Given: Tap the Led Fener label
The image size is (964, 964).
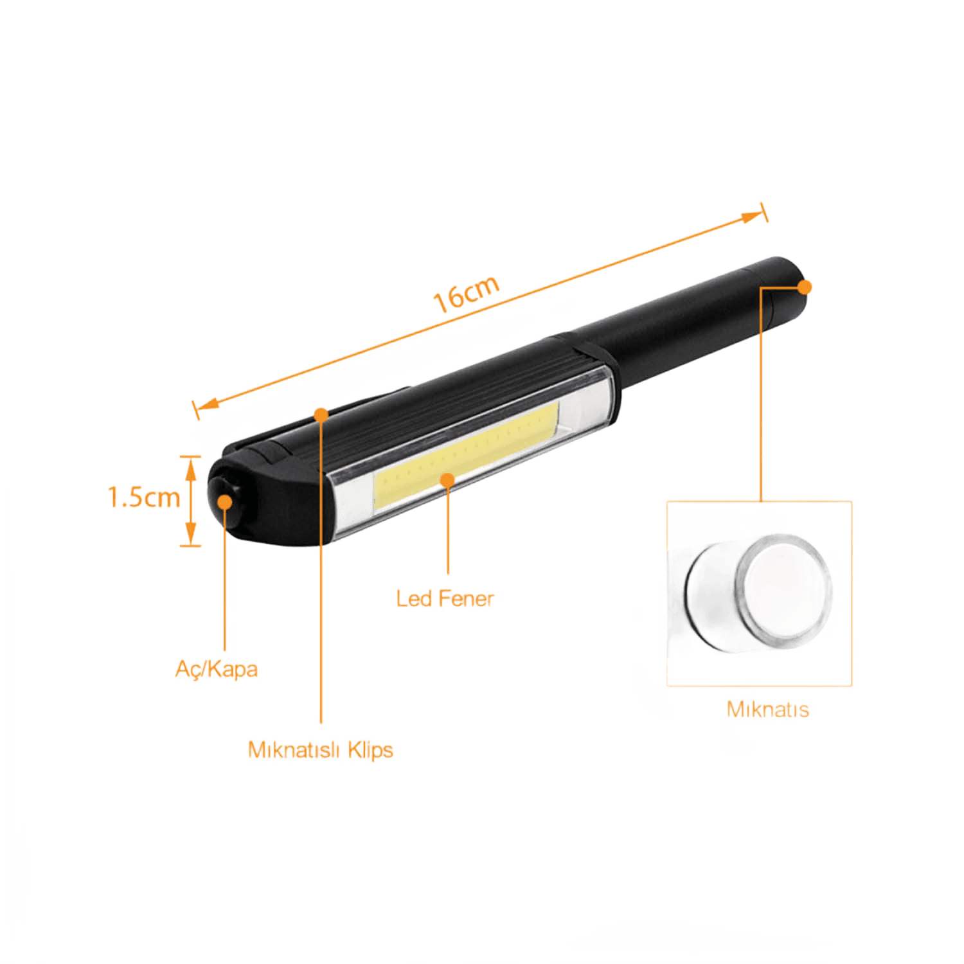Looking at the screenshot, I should pyautogui.click(x=445, y=599).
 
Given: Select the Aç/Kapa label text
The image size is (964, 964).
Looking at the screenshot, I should pyautogui.click(x=217, y=669).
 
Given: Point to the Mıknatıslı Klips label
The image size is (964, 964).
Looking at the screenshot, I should pyautogui.click(x=321, y=750).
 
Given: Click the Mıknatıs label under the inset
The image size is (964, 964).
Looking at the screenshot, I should pyautogui.click(x=767, y=710).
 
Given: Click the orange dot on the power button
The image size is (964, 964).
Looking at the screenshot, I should pyautogui.click(x=225, y=501).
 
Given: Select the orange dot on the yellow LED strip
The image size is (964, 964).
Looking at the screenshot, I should pyautogui.click(x=447, y=479).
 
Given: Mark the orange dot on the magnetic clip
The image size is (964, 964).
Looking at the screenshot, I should pyautogui.click(x=321, y=415).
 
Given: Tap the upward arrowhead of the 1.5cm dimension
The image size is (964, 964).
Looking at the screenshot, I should pyautogui.click(x=191, y=467).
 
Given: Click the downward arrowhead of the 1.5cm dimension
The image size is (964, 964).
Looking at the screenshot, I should pyautogui.click(x=191, y=533).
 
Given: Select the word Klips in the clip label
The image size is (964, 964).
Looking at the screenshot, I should pyautogui.click(x=370, y=750).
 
